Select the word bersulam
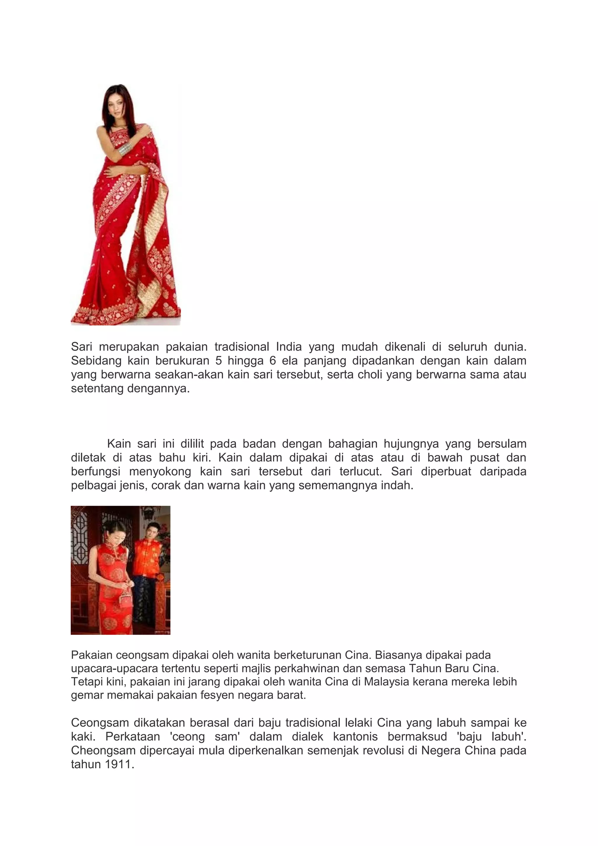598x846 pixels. point(501,444)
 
